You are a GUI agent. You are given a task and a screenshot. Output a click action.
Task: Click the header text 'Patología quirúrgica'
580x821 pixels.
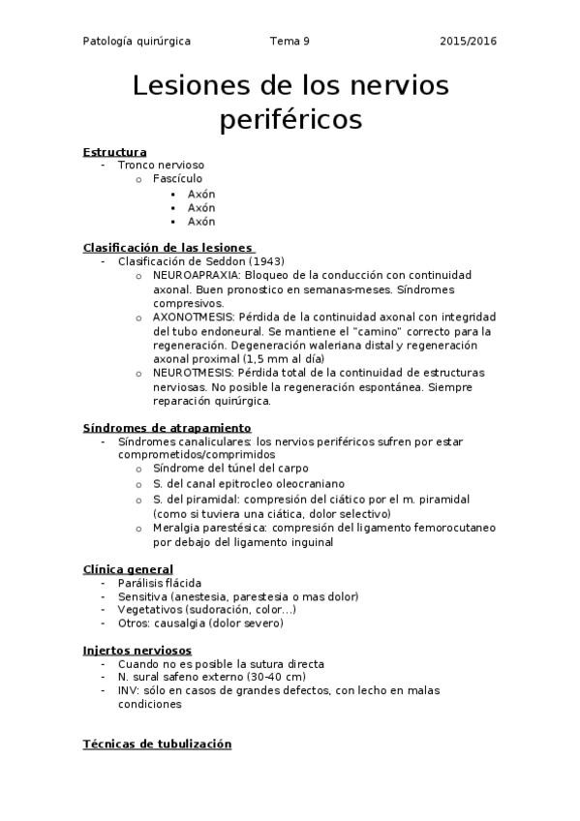tap(137, 42)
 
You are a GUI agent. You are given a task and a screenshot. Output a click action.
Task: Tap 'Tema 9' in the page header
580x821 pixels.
tap(290, 42)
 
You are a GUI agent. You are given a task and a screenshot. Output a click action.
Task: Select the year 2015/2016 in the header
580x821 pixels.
tap(468, 42)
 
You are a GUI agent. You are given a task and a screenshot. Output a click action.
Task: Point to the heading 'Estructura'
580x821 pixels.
tap(115, 152)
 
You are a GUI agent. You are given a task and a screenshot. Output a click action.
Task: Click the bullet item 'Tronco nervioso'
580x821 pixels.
tap(161, 166)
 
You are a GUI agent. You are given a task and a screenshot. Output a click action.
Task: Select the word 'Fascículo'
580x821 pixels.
tap(178, 179)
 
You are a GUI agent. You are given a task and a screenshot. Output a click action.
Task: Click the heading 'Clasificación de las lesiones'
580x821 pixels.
tap(168, 248)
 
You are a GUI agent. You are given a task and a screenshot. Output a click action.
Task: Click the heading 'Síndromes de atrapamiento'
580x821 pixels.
tap(168, 428)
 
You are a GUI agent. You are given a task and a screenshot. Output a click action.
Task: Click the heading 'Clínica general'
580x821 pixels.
tap(129, 569)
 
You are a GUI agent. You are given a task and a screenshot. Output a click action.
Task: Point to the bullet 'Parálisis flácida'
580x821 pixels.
tap(160, 583)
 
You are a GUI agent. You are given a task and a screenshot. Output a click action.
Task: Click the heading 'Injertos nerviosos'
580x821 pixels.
tap(137, 651)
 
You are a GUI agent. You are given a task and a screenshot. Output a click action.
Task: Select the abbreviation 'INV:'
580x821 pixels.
tap(130, 691)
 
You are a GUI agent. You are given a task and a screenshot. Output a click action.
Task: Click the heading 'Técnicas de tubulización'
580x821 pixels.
tap(158, 745)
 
